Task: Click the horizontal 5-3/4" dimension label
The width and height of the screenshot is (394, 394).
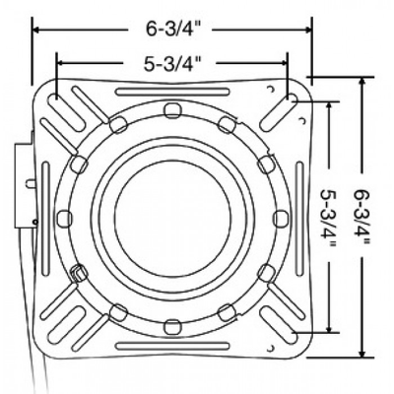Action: [172, 63]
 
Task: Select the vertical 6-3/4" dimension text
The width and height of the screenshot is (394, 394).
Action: [361, 217]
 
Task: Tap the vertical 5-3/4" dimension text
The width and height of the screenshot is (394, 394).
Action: [328, 217]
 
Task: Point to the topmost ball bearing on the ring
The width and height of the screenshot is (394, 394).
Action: [172, 110]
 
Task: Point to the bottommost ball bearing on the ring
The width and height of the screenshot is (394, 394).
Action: [172, 327]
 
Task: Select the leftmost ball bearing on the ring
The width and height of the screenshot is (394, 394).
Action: [65, 219]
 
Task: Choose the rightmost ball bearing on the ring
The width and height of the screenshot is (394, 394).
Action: [281, 219]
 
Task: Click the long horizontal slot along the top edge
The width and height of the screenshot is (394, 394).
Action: [172, 92]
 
